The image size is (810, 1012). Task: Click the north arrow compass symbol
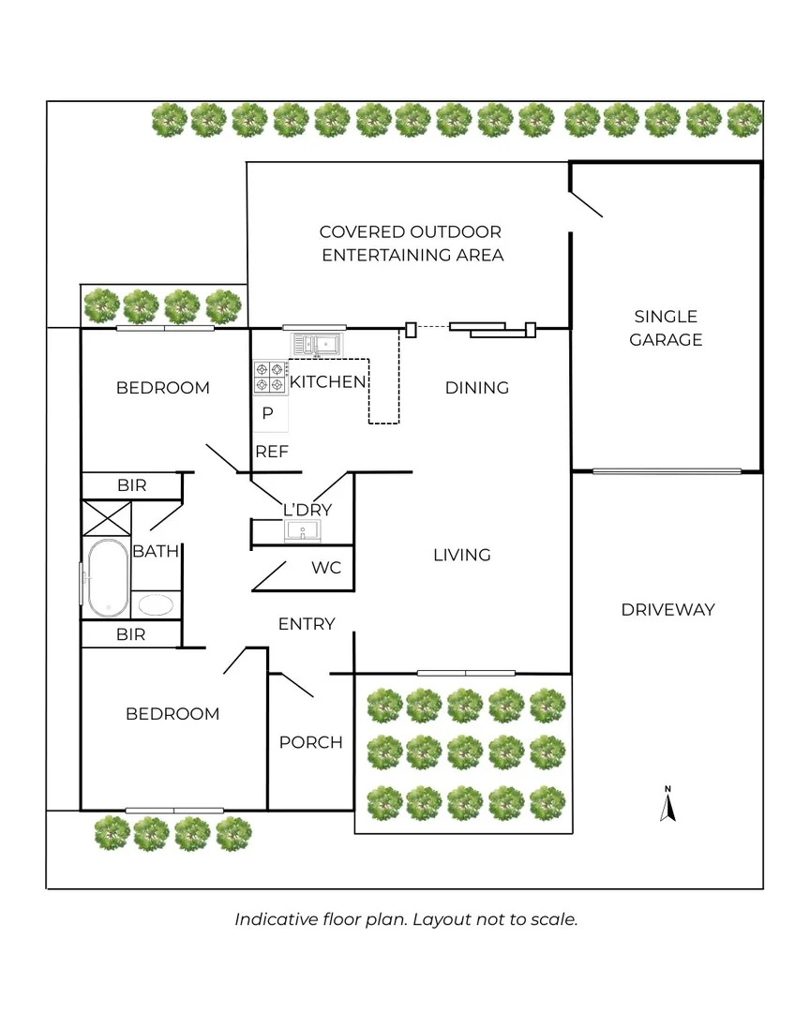click(667, 805)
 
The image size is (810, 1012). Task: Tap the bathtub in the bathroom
click(106, 578)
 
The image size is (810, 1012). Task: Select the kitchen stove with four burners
click(270, 377)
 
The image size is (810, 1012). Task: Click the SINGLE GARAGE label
click(666, 328)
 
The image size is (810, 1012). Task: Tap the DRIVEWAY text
click(667, 610)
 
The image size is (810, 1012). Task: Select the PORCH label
click(310, 742)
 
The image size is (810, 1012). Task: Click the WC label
click(325, 568)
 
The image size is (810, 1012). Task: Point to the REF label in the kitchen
click(272, 452)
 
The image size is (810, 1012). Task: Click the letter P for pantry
click(267, 413)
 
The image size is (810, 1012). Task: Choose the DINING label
click(476, 388)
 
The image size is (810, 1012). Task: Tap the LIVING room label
click(461, 555)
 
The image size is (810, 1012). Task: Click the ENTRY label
click(307, 624)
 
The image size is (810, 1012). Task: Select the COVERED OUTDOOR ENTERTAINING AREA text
click(411, 244)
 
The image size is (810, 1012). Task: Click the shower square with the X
click(108, 517)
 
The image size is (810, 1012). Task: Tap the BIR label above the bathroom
click(130, 485)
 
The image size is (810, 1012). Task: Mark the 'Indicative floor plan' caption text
click(405, 919)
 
